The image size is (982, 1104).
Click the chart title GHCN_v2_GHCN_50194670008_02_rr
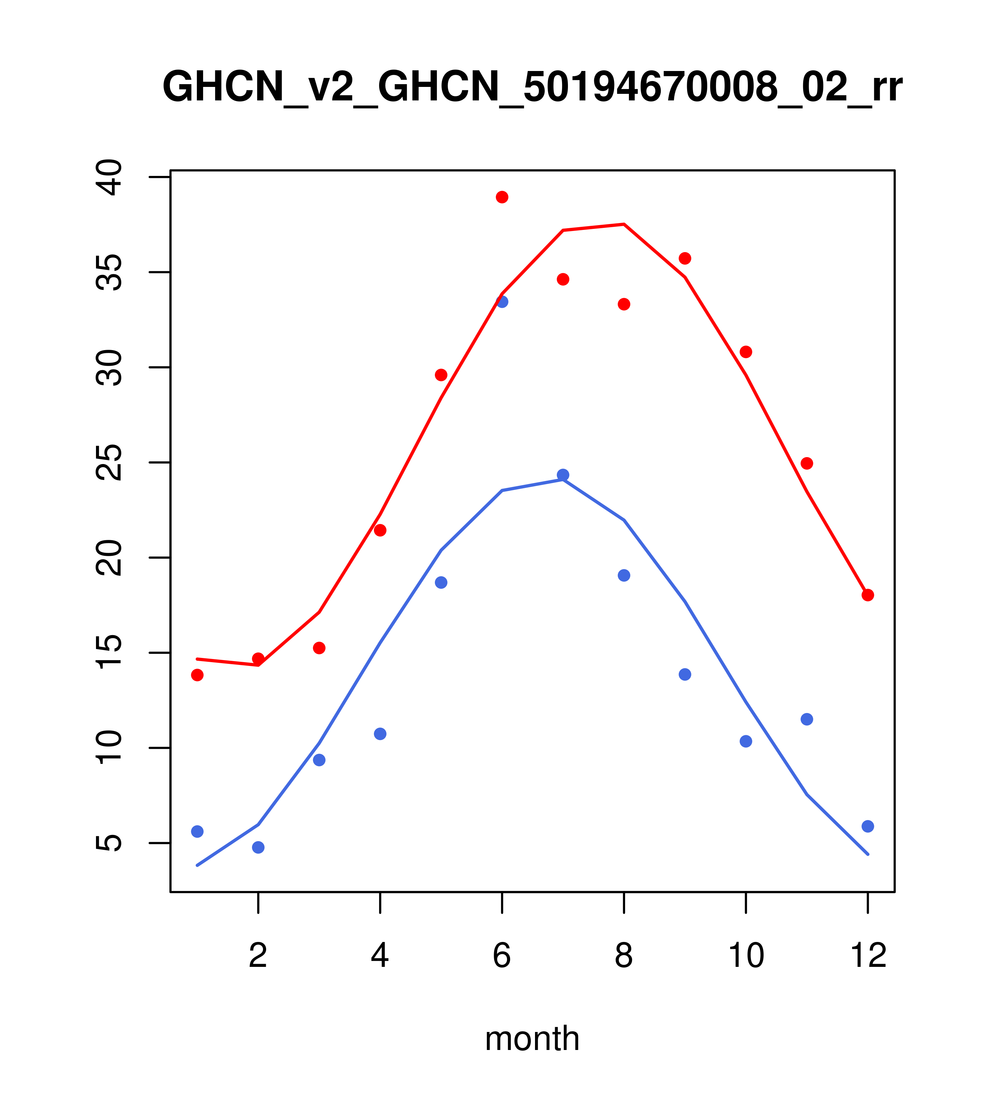(x=532, y=88)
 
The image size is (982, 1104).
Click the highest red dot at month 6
(x=502, y=197)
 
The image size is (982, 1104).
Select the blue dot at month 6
(x=502, y=302)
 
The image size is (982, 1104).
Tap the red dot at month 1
(x=197, y=675)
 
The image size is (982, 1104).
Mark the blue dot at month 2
(x=258, y=847)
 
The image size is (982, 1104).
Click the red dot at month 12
(x=868, y=595)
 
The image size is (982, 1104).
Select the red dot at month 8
(x=624, y=305)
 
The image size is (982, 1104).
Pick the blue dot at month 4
(x=380, y=734)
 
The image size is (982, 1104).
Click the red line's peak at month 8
(x=624, y=224)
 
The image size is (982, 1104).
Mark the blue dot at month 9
(x=685, y=675)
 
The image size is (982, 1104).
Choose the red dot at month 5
(x=441, y=375)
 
